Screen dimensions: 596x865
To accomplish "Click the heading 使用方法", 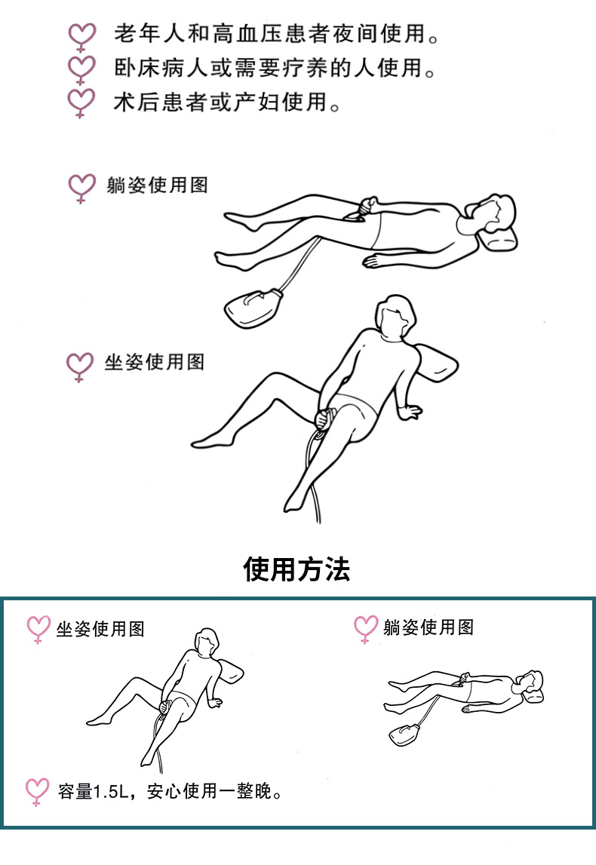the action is (x=296, y=569).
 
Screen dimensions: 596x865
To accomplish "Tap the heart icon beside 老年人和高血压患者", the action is (x=81, y=36).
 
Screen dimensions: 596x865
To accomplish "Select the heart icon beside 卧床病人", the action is (x=81, y=69).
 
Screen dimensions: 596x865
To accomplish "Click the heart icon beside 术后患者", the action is (x=81, y=103).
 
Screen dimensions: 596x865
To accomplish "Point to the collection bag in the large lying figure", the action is (x=252, y=308).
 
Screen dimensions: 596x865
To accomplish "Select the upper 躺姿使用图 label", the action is (x=157, y=185).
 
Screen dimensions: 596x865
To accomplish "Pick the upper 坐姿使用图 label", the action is (x=155, y=362).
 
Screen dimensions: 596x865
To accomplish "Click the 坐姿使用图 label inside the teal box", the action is (x=100, y=629).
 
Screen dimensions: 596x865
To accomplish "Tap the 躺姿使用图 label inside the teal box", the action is (x=429, y=627).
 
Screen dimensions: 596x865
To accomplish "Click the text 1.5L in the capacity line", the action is (x=111, y=792).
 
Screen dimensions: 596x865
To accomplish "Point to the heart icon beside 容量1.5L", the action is (x=38, y=792).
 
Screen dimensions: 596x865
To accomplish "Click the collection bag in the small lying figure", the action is (x=404, y=735).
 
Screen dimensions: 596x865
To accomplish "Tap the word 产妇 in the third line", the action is (x=256, y=102).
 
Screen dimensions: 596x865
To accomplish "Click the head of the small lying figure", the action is (x=532, y=682).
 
